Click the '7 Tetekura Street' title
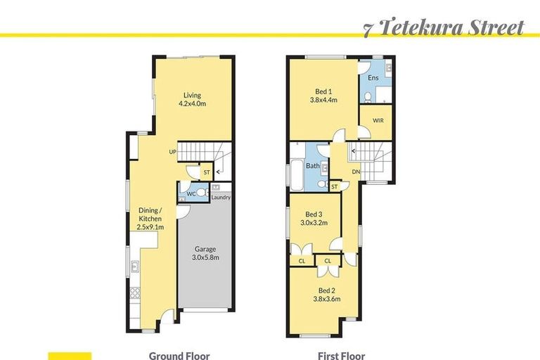click(444, 28)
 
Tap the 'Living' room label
click(192, 95)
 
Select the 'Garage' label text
click(205, 249)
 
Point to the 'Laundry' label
click(221, 198)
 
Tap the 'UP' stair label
click(172, 152)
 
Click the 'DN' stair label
click(356, 172)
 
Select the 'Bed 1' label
click(324, 91)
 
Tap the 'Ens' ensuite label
click(373, 78)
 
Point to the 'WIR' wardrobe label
click(378, 121)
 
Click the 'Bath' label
click(313, 166)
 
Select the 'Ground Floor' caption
click(179, 356)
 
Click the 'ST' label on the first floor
click(335, 186)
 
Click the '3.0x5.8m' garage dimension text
click(205, 258)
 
